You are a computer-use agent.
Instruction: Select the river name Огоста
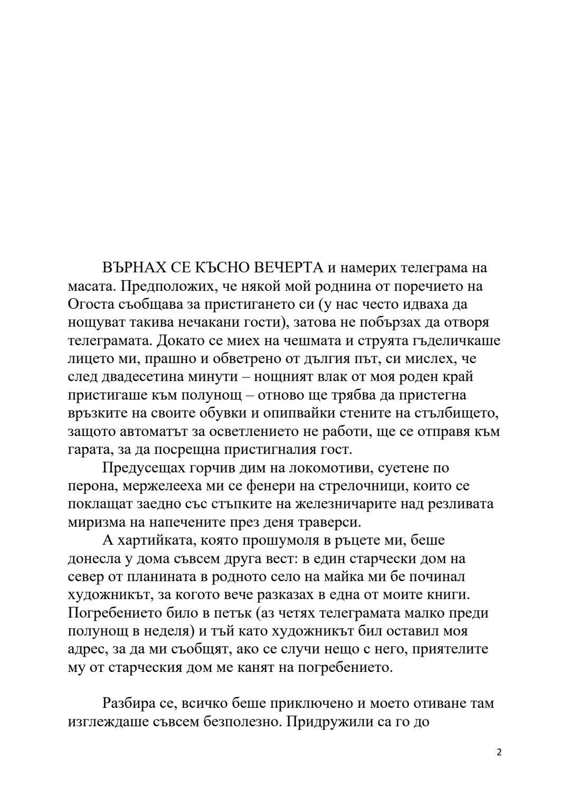pos(89,305)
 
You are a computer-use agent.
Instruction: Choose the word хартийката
pos(159,541)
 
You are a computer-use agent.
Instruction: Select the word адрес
pos(87,649)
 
